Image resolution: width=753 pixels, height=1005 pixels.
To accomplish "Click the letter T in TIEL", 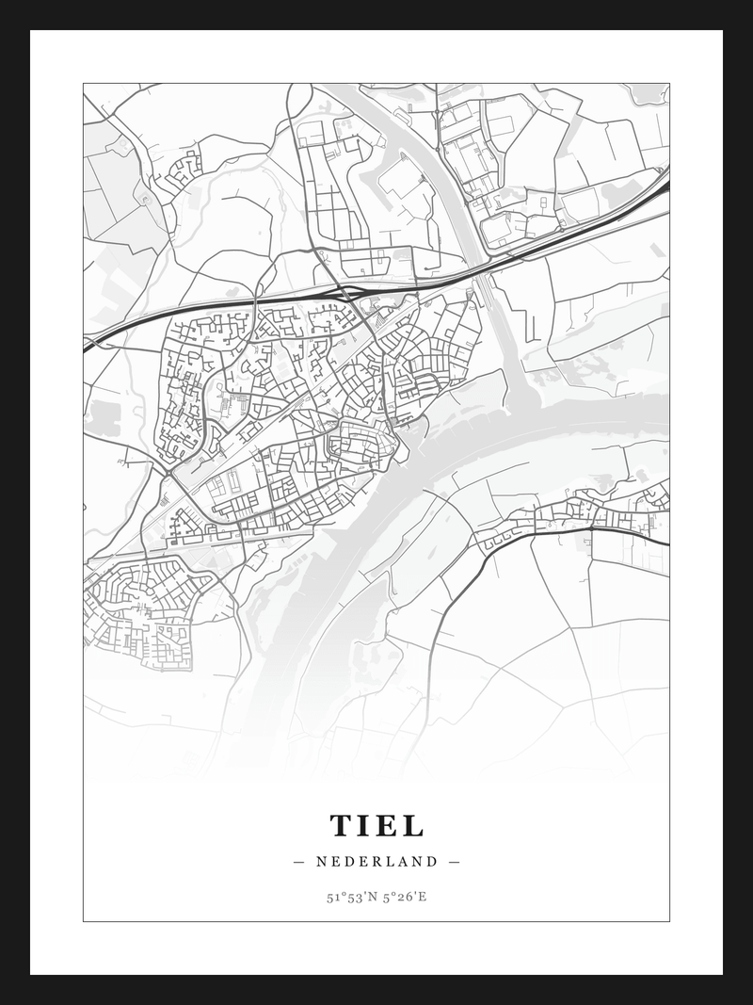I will (x=341, y=826).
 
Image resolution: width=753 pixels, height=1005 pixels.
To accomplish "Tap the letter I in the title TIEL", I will (x=363, y=826).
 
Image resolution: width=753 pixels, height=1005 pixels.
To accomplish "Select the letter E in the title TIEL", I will (x=386, y=826).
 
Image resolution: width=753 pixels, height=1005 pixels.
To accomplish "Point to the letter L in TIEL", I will (x=412, y=826).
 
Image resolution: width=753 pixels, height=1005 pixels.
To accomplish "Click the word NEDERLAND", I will (x=376, y=861).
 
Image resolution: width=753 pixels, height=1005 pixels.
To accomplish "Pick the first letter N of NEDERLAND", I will (x=322, y=861).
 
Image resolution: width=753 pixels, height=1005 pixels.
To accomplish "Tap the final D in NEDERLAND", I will (x=432, y=861).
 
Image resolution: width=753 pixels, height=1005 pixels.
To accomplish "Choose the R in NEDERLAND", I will (x=377, y=861).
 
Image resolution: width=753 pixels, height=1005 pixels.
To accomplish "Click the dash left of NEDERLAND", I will (x=299, y=861).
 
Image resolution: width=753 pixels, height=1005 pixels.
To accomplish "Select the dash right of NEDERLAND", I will (x=454, y=861).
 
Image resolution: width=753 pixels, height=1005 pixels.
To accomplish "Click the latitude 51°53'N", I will (x=350, y=897).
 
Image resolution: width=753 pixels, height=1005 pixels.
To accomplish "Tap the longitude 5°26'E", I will (x=405, y=897).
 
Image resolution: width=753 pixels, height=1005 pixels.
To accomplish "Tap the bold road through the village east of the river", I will (x=584, y=528).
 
